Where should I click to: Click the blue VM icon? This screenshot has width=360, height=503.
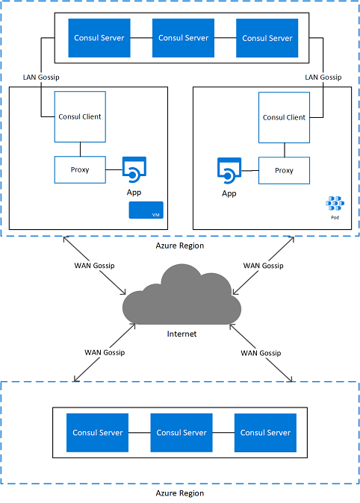146,210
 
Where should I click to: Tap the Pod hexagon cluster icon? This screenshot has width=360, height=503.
335,204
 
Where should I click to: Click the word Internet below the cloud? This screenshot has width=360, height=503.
181,334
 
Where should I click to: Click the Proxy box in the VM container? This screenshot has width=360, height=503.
80,169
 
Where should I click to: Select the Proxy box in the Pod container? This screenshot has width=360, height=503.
285,170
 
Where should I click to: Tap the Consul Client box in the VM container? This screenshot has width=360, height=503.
80,116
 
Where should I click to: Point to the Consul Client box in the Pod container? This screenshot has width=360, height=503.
285,117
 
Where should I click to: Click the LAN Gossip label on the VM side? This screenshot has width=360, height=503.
41,78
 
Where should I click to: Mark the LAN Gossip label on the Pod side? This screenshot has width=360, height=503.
323,78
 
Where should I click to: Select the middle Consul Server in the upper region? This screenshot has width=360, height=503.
184,38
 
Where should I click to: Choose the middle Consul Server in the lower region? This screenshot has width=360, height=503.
181,433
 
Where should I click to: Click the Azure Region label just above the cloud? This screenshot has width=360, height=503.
180,246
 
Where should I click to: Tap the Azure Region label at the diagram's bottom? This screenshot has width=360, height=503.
180,493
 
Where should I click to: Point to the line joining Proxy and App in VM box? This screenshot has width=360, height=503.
114,169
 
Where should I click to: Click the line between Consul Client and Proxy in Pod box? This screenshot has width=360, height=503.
285,150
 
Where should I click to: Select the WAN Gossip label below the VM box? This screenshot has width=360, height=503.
94,266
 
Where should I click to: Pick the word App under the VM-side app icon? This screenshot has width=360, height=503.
134,193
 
